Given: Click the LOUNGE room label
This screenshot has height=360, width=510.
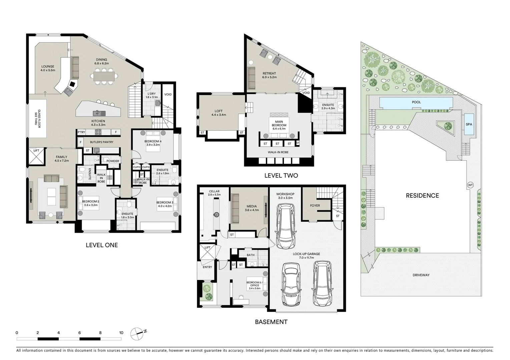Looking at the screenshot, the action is (x=48, y=66).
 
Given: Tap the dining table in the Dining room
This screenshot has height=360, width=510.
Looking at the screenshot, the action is (x=104, y=76).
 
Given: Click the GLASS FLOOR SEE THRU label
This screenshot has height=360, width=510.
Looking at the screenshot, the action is (x=37, y=119).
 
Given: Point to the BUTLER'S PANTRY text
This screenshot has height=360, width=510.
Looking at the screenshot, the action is (x=101, y=142).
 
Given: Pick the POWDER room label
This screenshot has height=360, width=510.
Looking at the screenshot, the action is (x=113, y=161).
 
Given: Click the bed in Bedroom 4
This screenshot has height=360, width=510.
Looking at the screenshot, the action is (x=153, y=141).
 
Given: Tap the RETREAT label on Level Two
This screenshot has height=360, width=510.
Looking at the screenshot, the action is (x=269, y=73).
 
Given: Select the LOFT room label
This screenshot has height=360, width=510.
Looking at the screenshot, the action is (x=218, y=111).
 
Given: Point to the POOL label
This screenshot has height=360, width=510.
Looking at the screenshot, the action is (x=416, y=102).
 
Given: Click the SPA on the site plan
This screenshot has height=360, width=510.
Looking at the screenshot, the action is (x=469, y=124).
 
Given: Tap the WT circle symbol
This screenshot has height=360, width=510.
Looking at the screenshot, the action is (x=470, y=185).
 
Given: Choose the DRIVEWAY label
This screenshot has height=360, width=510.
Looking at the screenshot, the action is (x=421, y=275).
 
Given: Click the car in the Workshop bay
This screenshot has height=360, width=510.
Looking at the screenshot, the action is (x=286, y=226).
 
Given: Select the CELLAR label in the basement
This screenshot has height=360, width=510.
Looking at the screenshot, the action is (x=214, y=191).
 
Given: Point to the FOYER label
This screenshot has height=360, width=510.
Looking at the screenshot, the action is (x=315, y=205).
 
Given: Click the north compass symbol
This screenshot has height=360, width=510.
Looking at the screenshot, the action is (x=137, y=334).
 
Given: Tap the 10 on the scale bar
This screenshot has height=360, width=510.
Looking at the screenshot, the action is (x=121, y=333).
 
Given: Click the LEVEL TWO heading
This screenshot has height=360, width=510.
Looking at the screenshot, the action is (x=281, y=175).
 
